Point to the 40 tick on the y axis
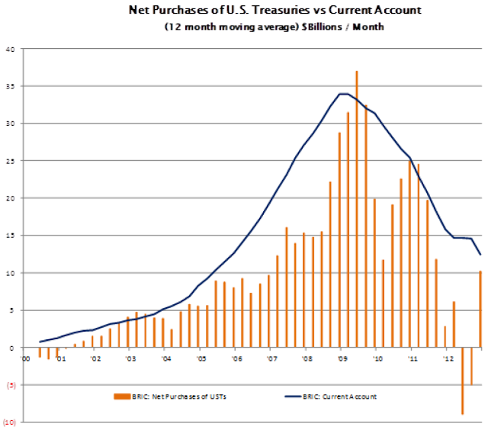(x=10, y=50)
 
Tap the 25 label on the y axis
(x=10, y=161)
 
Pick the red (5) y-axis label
(x=11, y=385)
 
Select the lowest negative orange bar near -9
(x=462, y=380)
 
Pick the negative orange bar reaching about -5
(x=471, y=366)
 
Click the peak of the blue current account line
(x=343, y=94)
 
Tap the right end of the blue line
(x=480, y=255)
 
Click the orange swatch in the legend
(x=122, y=396)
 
